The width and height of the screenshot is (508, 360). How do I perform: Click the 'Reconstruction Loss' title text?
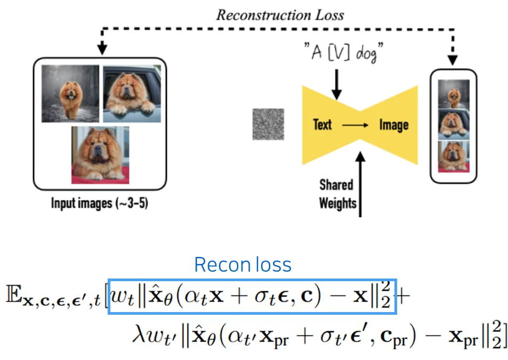pyautogui.click(x=280, y=14)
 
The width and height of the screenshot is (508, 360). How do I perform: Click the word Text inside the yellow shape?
pyautogui.click(x=322, y=125)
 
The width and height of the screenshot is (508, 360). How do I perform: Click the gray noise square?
pyautogui.click(x=268, y=124)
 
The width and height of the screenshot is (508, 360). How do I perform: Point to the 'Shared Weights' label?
pyautogui.click(x=337, y=194)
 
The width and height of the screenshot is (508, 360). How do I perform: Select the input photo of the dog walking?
pyautogui.click(x=70, y=94)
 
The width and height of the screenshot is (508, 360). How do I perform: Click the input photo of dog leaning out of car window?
pyautogui.click(x=132, y=94)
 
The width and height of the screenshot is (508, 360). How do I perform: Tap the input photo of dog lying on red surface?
pyautogui.click(x=100, y=155)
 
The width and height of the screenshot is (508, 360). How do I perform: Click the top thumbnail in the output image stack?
pyautogui.click(x=454, y=95)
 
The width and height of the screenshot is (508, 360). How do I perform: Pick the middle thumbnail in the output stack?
pyautogui.click(x=454, y=125)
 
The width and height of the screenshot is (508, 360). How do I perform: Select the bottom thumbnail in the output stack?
pyautogui.click(x=454, y=156)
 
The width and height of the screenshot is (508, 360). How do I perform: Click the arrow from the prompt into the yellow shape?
pyautogui.click(x=336, y=83)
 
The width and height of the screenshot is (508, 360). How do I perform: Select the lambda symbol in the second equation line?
pyautogui.click(x=138, y=334)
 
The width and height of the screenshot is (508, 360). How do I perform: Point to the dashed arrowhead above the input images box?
pyautogui.click(x=103, y=50)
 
